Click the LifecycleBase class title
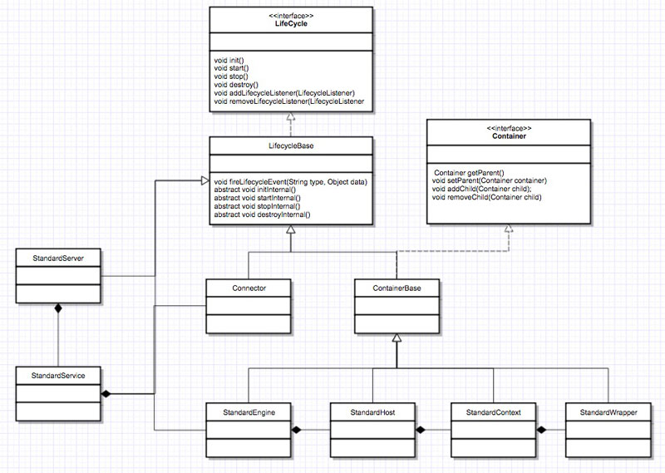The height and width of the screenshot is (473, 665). (290, 146)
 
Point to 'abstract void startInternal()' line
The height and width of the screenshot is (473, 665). (258, 198)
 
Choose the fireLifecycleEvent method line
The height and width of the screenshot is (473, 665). (290, 181)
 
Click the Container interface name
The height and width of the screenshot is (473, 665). (508, 136)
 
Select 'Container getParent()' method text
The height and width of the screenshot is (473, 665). (470, 171)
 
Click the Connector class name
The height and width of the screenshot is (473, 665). (248, 288)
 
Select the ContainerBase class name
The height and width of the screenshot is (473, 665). (396, 288)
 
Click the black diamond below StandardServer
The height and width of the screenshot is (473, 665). (57, 309)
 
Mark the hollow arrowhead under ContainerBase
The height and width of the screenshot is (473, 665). (397, 338)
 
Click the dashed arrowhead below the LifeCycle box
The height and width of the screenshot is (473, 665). (291, 119)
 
